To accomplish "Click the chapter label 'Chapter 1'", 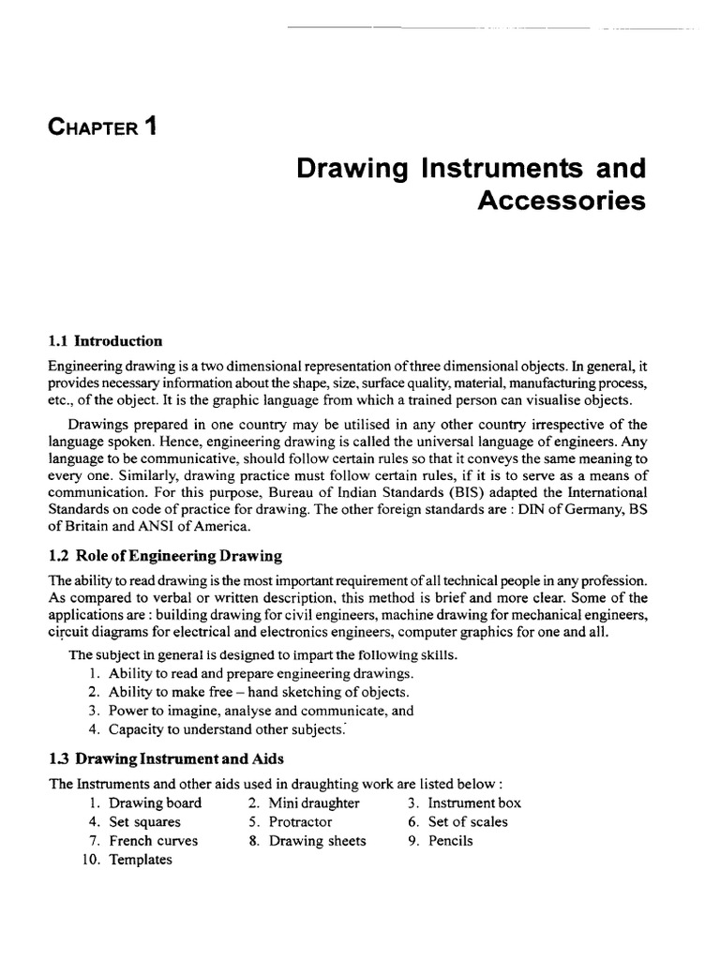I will point(103,127).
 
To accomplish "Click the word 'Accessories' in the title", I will point(562,201).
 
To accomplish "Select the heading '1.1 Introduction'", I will point(105,341).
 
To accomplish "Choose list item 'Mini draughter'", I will point(314,803).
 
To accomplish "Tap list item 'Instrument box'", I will point(474,803).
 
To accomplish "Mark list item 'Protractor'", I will point(300,822).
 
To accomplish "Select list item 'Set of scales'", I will point(468,822).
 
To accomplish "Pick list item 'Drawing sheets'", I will point(317,841).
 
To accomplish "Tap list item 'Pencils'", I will point(451,841).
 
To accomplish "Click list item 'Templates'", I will point(141,860).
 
